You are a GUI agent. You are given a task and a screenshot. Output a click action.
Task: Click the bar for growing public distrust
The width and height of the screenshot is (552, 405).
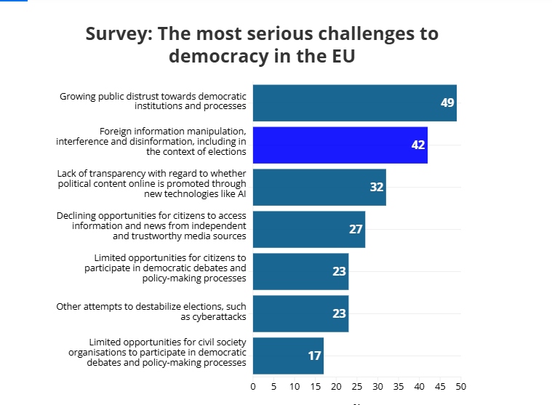pos(354,103)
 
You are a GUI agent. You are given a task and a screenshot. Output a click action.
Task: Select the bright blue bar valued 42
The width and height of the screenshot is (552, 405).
pos(340,145)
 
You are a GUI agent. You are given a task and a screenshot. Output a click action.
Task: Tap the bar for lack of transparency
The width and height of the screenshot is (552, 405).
pos(319,187)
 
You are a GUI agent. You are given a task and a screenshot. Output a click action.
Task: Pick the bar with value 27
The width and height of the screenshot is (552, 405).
pos(308,229)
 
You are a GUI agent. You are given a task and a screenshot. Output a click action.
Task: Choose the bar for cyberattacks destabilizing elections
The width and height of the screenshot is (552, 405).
pos(300,313)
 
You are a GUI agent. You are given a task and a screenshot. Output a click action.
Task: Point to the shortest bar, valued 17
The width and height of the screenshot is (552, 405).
pos(288,356)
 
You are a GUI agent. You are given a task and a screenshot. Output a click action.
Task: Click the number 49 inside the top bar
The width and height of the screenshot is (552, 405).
pos(447,103)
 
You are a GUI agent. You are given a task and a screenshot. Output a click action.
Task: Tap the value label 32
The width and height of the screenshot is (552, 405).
pos(376,187)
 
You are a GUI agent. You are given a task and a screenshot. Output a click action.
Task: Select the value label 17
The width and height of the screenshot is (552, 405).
pos(314,356)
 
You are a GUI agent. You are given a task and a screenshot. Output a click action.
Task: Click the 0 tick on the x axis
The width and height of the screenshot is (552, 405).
pos(253,386)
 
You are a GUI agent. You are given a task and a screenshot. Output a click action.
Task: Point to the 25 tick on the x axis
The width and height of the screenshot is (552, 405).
pos(357,386)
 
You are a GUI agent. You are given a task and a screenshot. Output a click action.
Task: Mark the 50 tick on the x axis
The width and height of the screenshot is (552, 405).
pos(461,386)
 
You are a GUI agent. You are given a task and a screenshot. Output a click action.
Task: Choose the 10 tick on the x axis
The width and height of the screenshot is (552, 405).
pos(295,386)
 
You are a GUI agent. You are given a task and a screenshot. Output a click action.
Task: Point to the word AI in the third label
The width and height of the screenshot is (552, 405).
pos(240,193)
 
